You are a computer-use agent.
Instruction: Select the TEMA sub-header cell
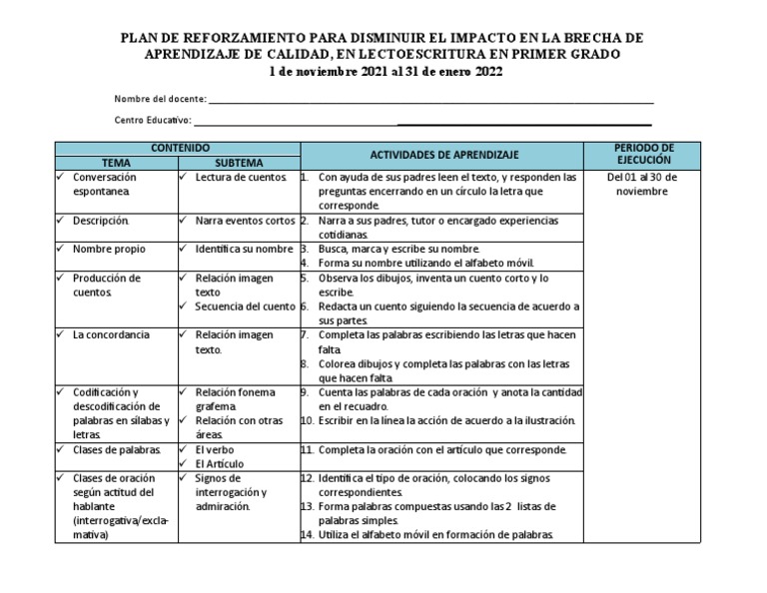click(x=116, y=162)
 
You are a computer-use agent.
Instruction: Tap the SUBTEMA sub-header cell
click(x=239, y=162)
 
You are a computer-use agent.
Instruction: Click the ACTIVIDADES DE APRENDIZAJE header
click(x=444, y=155)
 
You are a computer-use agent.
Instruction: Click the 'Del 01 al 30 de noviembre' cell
click(x=642, y=185)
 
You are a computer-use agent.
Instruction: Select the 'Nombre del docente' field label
click(x=161, y=99)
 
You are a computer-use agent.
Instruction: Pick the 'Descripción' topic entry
click(x=100, y=220)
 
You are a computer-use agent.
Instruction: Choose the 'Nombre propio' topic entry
click(x=106, y=249)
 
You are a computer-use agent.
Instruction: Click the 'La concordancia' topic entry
click(x=111, y=335)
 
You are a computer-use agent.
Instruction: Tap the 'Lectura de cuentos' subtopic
click(x=240, y=177)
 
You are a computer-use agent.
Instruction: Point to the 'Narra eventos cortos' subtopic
click(x=245, y=220)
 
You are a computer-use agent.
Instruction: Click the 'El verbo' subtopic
click(x=216, y=450)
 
